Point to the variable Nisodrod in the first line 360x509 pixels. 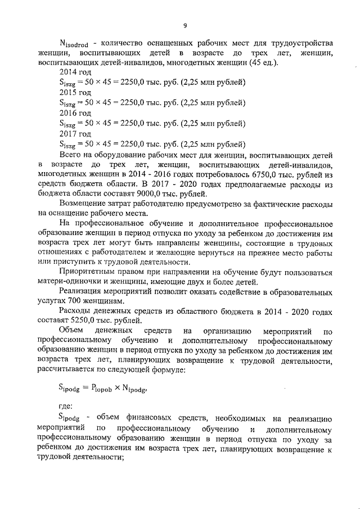tap(76, 44)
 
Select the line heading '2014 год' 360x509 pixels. tap(75, 73)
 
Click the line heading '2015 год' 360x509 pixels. tap(75, 92)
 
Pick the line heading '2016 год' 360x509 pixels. tap(75, 112)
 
